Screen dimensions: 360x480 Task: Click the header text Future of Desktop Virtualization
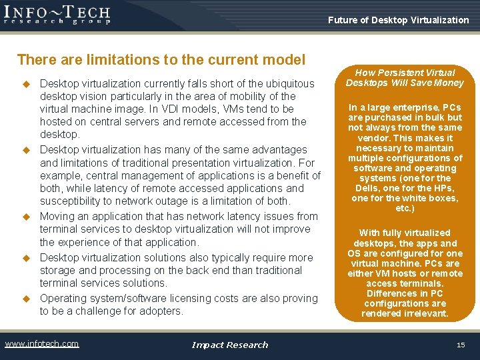click(x=398, y=20)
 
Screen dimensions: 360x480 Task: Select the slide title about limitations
click(x=161, y=60)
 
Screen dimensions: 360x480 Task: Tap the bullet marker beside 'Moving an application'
click(x=27, y=217)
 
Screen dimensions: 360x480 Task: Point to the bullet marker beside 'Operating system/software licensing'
click(x=27, y=299)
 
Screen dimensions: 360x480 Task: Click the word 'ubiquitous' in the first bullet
click(x=289, y=83)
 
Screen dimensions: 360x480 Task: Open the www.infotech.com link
click(x=42, y=344)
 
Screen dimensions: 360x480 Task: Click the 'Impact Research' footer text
click(x=229, y=345)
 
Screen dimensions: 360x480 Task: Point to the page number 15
click(x=461, y=345)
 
